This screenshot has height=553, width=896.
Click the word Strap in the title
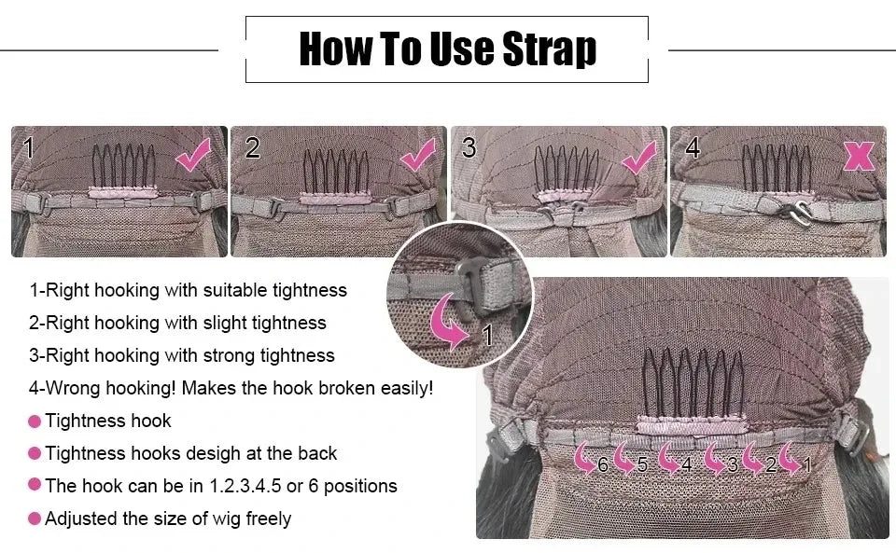pos(549,50)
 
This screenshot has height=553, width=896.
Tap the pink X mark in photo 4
pos(859,156)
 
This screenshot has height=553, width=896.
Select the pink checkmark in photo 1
pos(193,155)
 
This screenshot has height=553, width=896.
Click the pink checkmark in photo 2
pos(417,155)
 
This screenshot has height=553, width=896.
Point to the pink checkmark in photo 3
pos(638,159)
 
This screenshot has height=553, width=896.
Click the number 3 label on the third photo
pos(469,148)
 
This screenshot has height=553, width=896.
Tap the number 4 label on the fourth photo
pos(693,148)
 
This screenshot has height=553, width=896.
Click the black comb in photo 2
pos(336,171)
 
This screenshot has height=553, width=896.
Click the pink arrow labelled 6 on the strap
pos(585,458)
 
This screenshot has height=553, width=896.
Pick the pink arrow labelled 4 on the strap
pos(668,458)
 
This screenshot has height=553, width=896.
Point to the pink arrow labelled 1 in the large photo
pos(791,458)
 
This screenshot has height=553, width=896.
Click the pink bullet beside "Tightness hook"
pos(35,422)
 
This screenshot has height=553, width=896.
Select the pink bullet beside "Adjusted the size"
pos(35,518)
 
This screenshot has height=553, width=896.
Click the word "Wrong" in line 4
pos(77,389)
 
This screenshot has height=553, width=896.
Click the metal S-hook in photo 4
pos(798,210)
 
